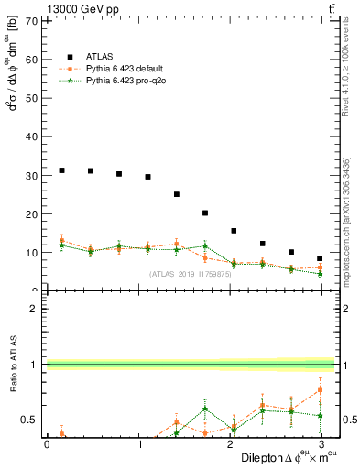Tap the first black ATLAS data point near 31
pos(61,170)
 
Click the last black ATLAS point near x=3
pos(320,258)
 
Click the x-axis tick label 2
pos(231,444)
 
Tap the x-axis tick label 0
pos(47,444)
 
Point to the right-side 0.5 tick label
pos(349,420)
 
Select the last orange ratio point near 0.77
pos(320,389)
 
